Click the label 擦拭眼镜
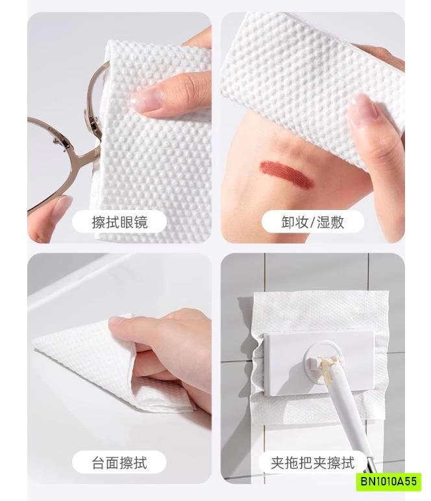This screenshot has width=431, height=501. (x=119, y=222)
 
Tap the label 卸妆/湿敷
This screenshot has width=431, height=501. (x=313, y=222)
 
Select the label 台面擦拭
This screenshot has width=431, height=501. (x=119, y=462)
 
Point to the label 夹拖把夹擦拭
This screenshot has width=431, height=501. (x=313, y=462)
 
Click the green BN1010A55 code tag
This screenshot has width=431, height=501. (x=388, y=482)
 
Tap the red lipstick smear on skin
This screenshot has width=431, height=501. (x=286, y=174)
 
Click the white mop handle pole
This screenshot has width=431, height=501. (x=348, y=415)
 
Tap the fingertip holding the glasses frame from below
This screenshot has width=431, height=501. (x=63, y=205)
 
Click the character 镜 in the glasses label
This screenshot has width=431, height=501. (x=141, y=222)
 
